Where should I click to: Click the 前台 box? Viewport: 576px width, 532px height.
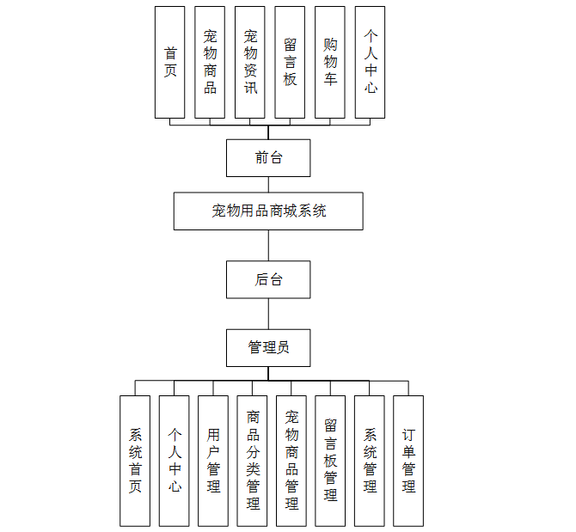(x=268, y=158)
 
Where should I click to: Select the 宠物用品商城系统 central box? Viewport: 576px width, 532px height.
(x=268, y=211)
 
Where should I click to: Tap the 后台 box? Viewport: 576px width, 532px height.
(x=268, y=279)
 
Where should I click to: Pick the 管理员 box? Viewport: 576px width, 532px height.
(x=268, y=347)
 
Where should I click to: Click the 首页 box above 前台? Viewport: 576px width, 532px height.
(x=170, y=62)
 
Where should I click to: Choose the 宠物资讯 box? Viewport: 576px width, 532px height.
(x=250, y=62)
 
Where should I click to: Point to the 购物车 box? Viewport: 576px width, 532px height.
(x=330, y=62)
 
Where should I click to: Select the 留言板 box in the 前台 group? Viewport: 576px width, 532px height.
(x=290, y=62)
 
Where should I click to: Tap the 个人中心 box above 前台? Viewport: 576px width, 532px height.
(x=371, y=62)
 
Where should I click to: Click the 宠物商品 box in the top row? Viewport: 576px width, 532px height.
(x=210, y=62)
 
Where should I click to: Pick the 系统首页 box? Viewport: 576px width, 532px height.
(x=136, y=461)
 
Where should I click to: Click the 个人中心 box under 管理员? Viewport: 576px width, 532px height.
(x=175, y=461)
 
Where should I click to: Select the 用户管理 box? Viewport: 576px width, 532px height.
(x=213, y=461)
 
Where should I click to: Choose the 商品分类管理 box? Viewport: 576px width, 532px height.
(x=253, y=461)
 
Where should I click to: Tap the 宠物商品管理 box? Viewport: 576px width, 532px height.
(x=291, y=461)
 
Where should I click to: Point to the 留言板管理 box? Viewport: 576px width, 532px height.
(x=330, y=461)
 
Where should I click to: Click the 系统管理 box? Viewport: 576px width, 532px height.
(x=370, y=461)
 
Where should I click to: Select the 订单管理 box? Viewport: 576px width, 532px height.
(x=408, y=461)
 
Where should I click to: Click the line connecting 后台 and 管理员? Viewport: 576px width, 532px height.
(x=268, y=314)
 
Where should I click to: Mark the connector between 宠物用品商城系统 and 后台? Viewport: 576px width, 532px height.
(x=268, y=246)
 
